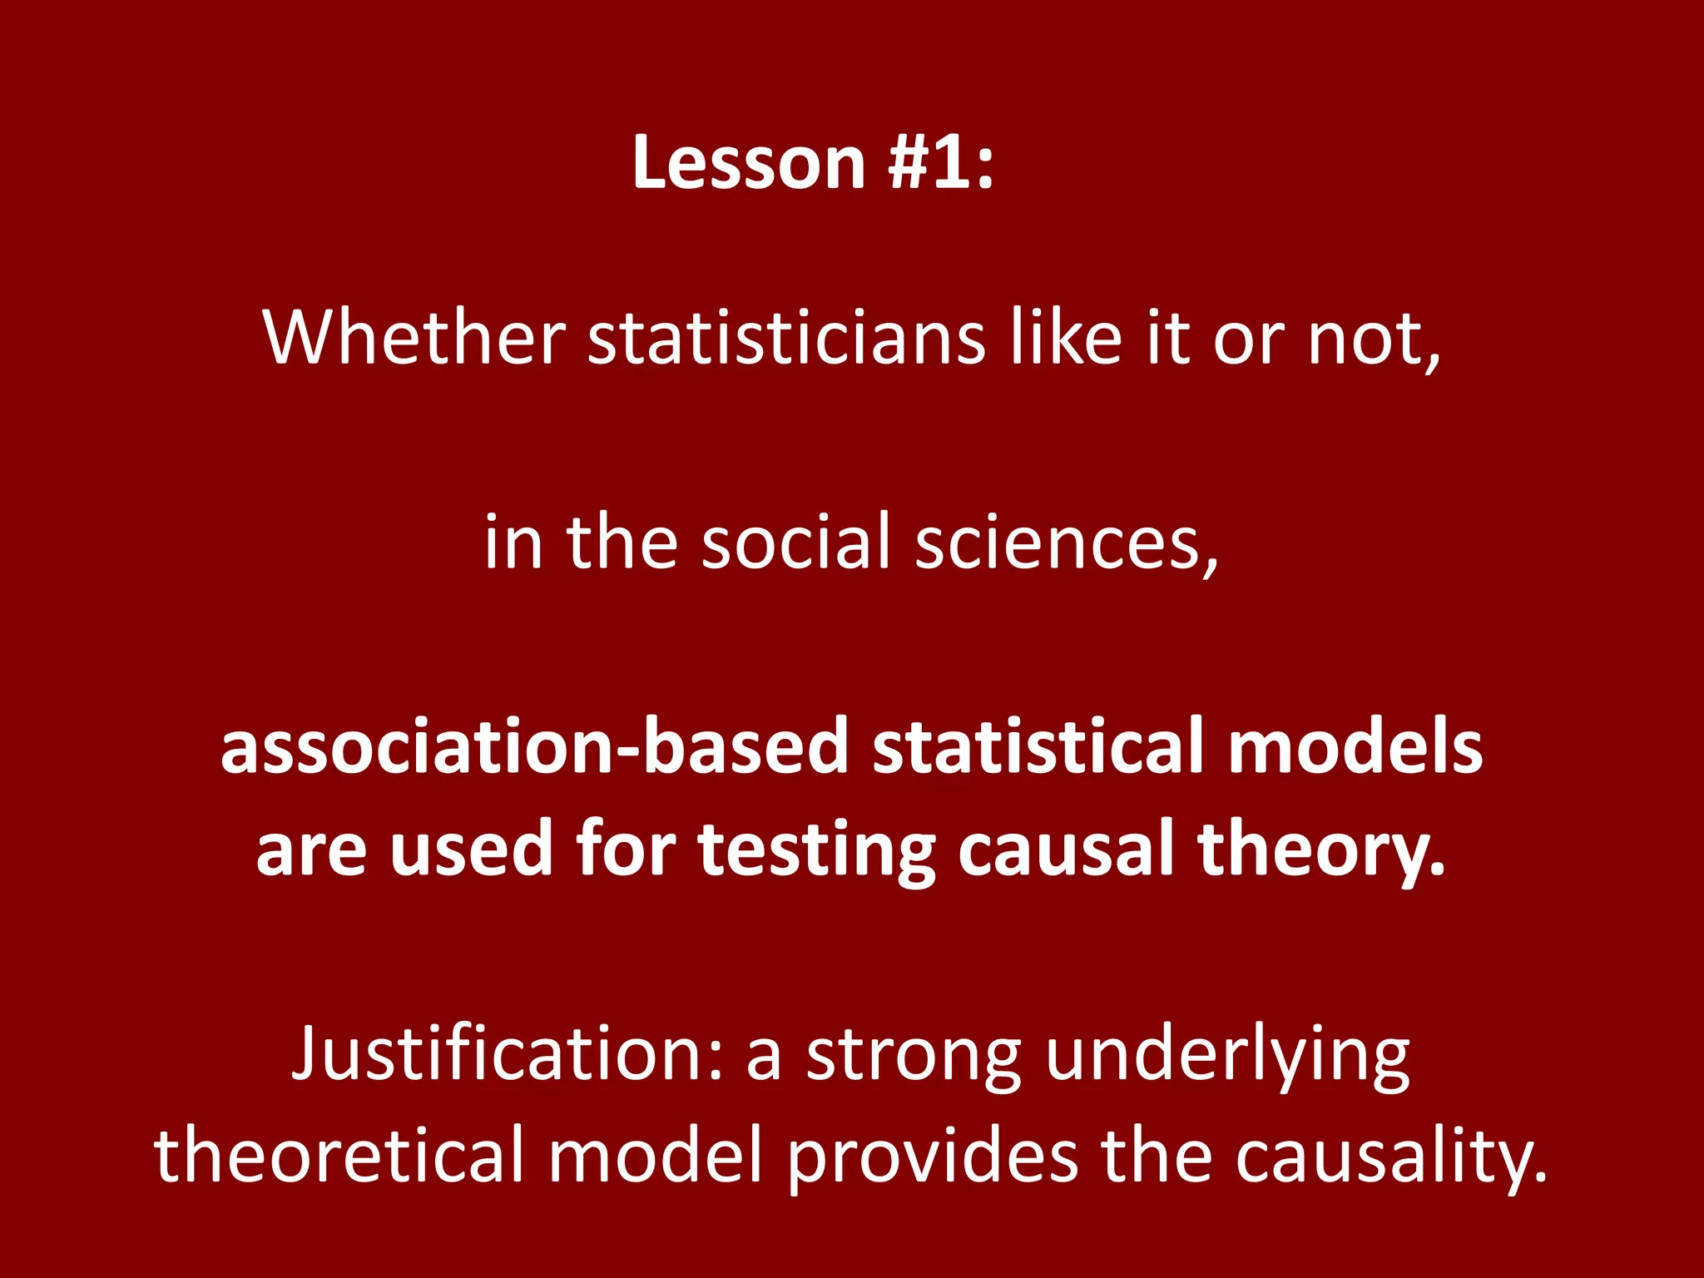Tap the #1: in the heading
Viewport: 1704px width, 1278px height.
pos(940,162)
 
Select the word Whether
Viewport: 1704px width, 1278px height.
pos(414,338)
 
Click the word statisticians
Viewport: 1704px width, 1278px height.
pos(787,338)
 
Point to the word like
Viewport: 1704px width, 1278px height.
pos(1066,338)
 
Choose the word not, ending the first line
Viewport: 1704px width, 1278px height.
pos(1374,339)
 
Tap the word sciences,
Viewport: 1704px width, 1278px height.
pos(1067,543)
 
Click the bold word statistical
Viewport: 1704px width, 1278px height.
pos(1038,746)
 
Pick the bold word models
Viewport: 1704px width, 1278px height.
pos(1355,746)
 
